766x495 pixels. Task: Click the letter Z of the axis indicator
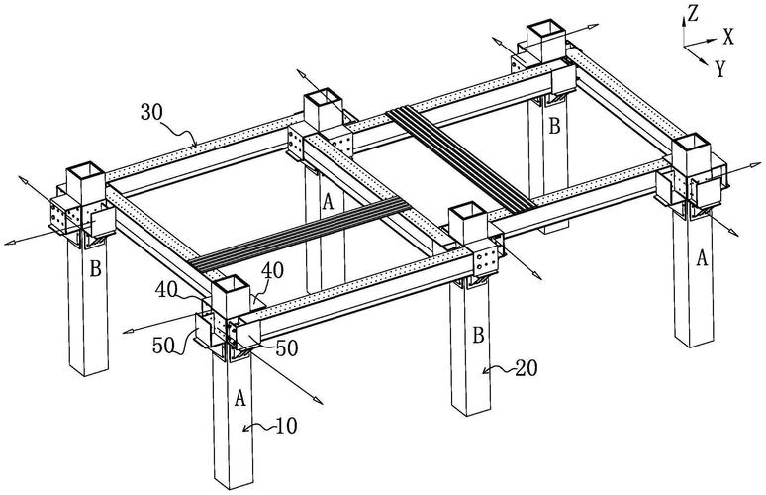(x=695, y=13)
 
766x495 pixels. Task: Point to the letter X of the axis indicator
(x=729, y=38)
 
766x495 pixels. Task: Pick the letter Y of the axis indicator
(x=719, y=68)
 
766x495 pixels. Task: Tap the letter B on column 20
(x=478, y=337)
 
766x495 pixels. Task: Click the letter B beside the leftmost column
(x=96, y=267)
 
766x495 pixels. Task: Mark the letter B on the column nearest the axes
(x=555, y=126)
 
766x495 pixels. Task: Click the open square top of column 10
(x=227, y=287)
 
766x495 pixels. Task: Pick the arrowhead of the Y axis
(x=708, y=60)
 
